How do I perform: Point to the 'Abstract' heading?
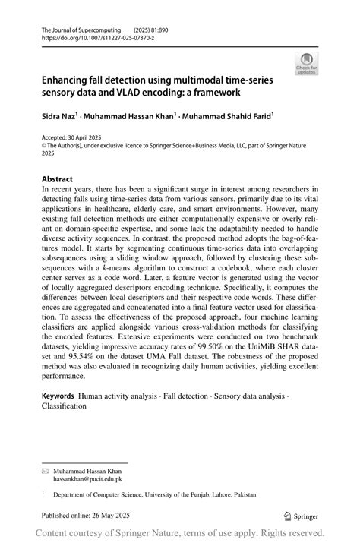tap(57, 180)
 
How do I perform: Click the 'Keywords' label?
tap(58, 396)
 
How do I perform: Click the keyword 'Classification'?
tap(64, 406)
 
